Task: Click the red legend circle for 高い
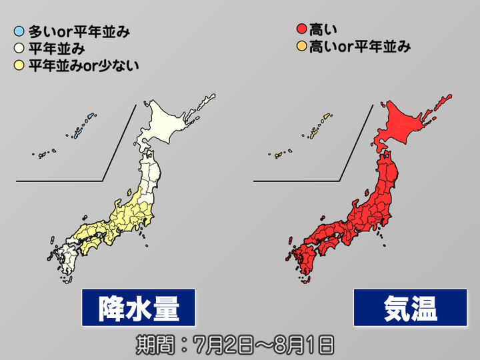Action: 301,29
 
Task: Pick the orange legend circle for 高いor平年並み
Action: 301,47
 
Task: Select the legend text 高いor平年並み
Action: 359,47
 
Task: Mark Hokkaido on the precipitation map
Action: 169,123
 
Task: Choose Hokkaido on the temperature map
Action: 408,123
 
